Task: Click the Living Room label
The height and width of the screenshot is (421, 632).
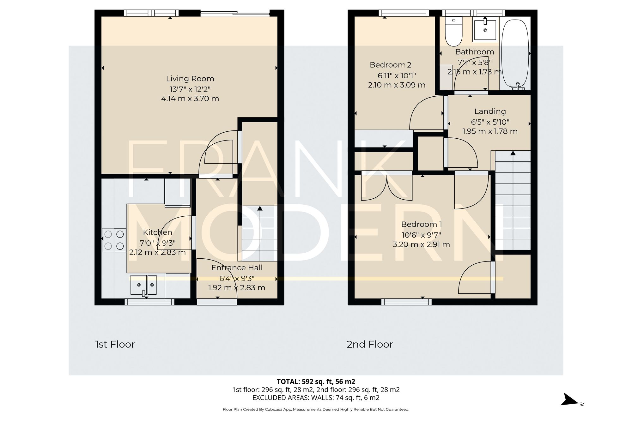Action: point(190,79)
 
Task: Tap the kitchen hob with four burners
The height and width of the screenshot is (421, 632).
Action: point(114,240)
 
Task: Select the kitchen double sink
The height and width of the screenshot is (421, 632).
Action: point(144,285)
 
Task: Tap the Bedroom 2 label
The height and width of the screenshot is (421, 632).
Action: point(390,65)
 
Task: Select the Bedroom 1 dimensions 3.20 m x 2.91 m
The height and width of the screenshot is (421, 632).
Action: point(421,244)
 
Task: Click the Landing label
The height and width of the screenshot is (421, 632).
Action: point(490,111)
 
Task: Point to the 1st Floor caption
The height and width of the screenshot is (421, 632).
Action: point(115,344)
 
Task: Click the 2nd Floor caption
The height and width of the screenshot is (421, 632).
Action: point(370,344)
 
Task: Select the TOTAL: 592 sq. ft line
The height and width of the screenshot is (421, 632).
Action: point(316,382)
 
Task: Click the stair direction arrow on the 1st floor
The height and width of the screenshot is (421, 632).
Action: point(260,209)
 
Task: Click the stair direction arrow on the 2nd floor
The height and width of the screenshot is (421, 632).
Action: point(513,154)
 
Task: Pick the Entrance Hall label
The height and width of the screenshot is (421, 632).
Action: point(237,268)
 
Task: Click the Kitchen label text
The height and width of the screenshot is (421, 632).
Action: point(157,232)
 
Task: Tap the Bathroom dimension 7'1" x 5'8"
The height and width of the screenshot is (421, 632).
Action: point(474,62)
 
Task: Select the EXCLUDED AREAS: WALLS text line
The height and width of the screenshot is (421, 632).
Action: point(316,398)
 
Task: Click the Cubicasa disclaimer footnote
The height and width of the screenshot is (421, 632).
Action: point(316,409)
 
